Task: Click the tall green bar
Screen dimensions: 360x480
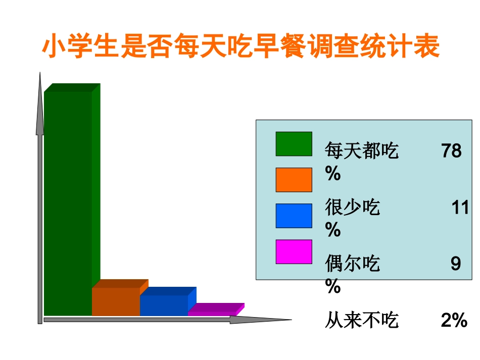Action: point(69,202)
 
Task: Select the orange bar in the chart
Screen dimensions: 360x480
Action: point(116,301)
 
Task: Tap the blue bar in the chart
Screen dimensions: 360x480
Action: point(164,305)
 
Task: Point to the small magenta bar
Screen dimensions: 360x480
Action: point(212,312)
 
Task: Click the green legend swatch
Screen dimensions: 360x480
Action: point(294,144)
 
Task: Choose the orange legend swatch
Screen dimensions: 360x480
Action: point(294,180)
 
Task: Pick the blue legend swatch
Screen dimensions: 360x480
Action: point(294,216)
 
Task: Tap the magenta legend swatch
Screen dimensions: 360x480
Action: point(294,251)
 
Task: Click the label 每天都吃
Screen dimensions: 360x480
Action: point(362,151)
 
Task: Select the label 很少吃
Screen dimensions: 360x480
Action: point(352,208)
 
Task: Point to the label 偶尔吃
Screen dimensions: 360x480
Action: point(352,264)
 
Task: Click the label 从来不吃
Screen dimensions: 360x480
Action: point(362,320)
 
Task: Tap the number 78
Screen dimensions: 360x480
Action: point(451,151)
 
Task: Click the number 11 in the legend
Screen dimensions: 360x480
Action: point(460,208)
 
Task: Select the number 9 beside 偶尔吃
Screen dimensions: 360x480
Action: point(456,264)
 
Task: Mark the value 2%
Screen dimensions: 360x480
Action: point(454,320)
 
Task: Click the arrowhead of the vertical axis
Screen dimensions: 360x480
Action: point(40,104)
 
